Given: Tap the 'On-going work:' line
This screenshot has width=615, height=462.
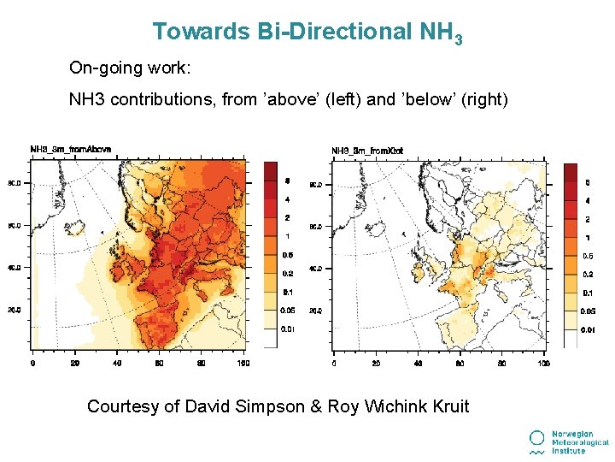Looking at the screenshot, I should [126, 68].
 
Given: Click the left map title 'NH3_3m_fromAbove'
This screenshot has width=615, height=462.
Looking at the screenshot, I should [70, 149].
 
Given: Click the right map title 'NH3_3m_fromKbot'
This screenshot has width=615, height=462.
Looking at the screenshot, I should [366, 151].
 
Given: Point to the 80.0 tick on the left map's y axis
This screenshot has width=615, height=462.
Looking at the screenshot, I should [15, 183].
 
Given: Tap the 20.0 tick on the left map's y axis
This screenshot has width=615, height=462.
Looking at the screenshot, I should [15, 311].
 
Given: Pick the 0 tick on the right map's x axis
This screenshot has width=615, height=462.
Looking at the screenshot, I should [333, 363].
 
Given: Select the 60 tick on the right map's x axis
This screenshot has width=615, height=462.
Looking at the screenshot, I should [460, 363].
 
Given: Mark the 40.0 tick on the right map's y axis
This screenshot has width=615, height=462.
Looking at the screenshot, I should [315, 269].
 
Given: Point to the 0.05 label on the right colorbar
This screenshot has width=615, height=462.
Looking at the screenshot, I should [589, 311].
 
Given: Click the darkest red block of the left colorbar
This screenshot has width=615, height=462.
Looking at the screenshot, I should [270, 171].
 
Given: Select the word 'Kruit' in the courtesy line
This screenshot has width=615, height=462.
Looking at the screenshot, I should [447, 406].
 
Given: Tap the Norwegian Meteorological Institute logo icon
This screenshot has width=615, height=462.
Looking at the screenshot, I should [536, 441].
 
